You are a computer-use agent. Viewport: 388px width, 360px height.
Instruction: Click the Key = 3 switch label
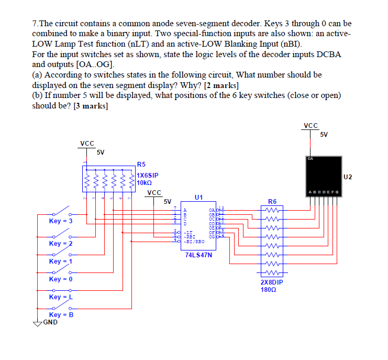(x=61, y=221)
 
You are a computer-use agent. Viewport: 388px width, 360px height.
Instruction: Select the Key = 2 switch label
(x=61, y=244)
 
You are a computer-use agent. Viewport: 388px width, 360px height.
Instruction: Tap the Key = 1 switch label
(x=61, y=261)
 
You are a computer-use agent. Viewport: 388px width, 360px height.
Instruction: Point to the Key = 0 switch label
(x=61, y=279)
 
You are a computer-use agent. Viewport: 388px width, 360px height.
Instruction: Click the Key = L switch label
(x=61, y=297)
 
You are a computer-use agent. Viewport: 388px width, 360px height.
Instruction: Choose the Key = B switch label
(x=61, y=315)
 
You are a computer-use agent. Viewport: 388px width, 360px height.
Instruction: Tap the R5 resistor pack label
(x=141, y=164)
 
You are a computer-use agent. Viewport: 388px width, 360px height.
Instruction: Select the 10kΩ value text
(x=144, y=183)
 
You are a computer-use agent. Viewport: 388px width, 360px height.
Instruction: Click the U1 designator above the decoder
(x=198, y=198)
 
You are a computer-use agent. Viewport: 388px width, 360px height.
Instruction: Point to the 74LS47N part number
(x=197, y=255)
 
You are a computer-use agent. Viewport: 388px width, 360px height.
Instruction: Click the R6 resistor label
(x=272, y=201)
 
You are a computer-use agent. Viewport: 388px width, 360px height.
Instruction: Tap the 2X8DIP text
(x=272, y=282)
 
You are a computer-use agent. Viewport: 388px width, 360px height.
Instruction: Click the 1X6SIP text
(x=148, y=175)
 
